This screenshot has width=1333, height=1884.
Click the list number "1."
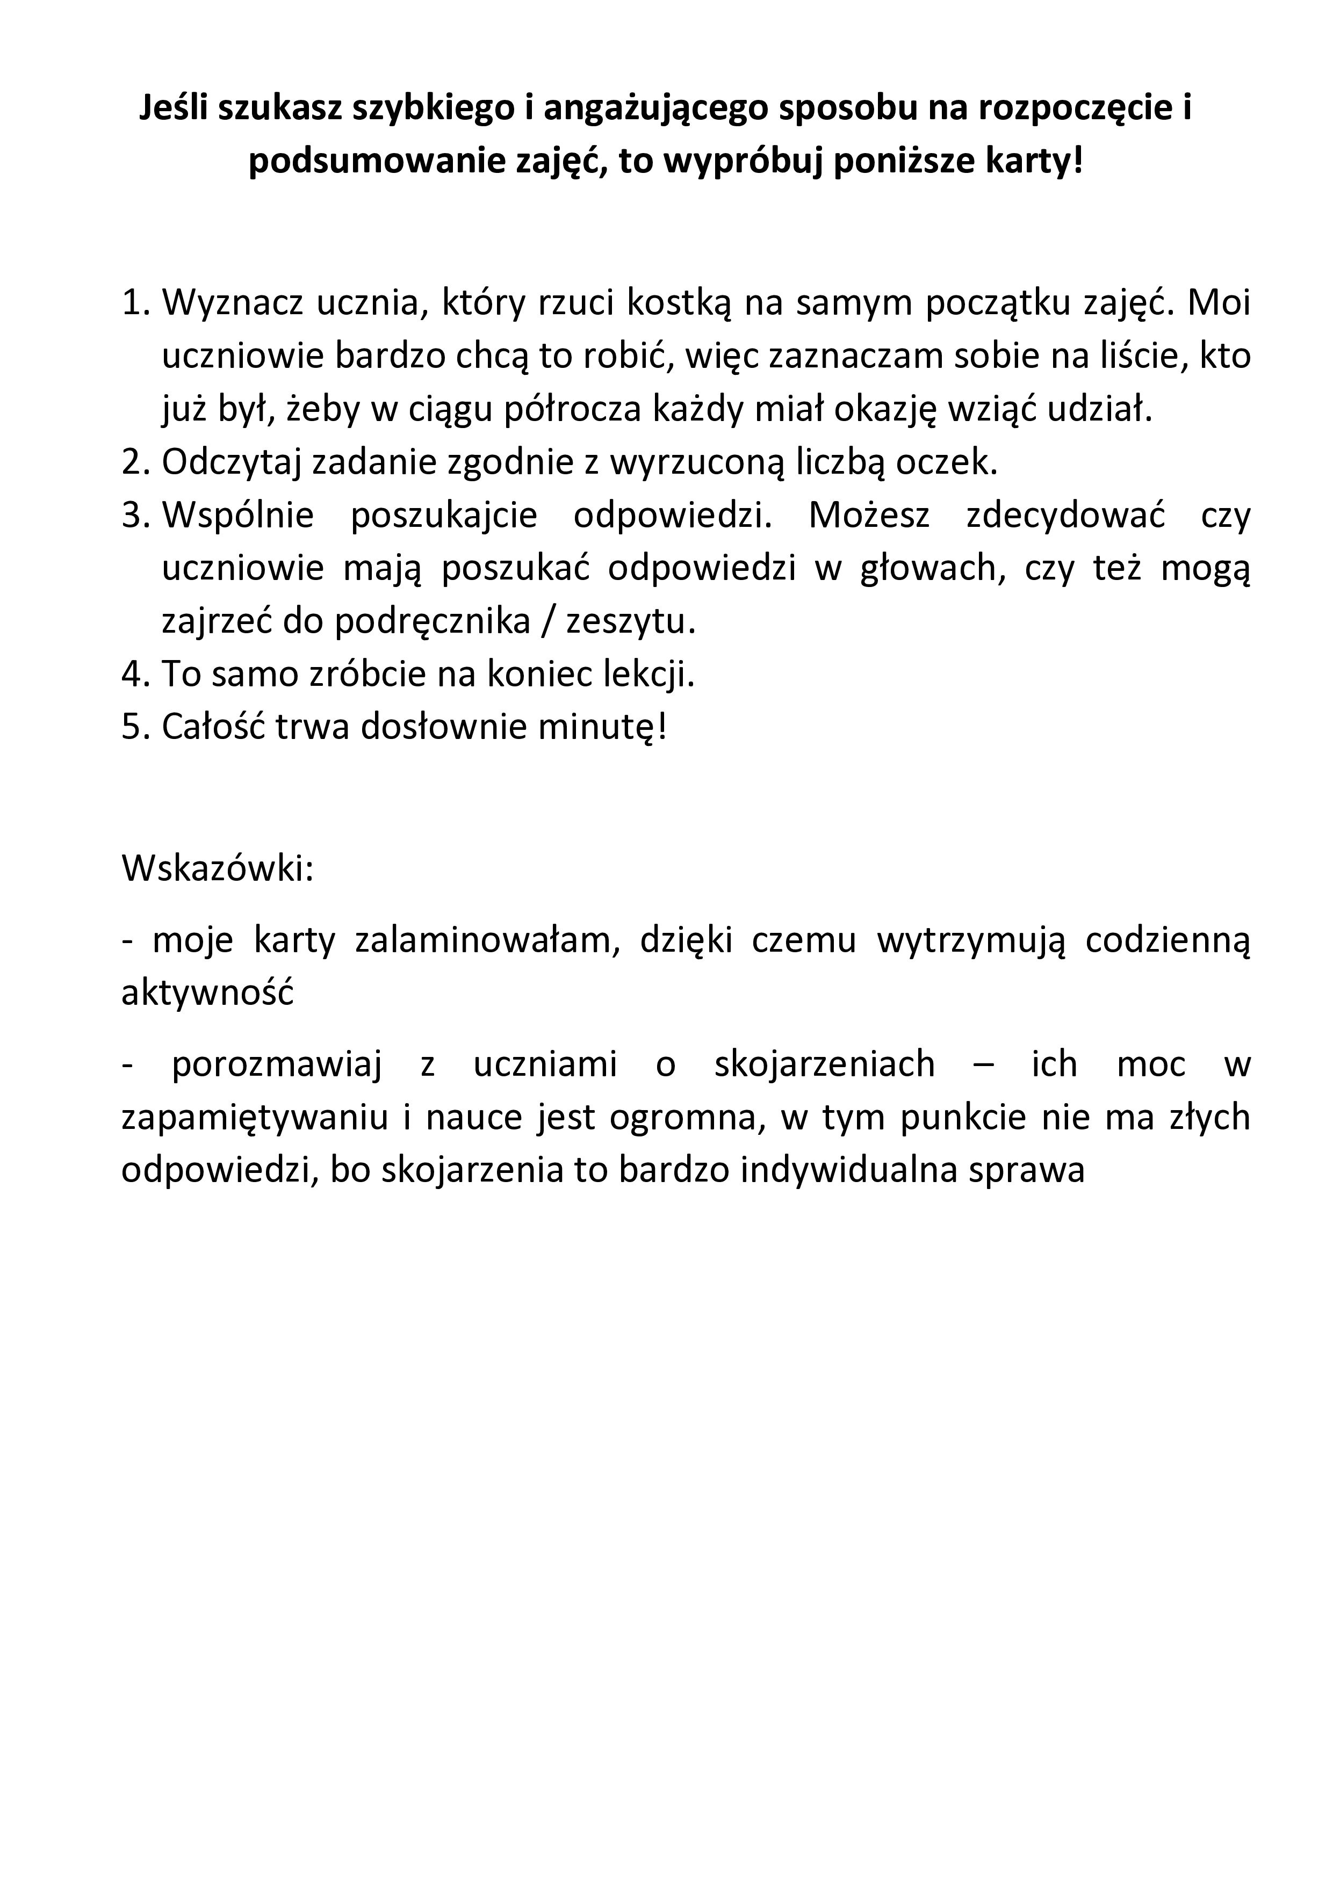[137, 303]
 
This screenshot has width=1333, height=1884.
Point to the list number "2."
[137, 463]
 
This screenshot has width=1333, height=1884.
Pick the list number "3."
[137, 516]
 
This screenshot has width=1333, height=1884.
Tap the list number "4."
[137, 675]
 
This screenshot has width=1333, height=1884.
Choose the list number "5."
[137, 727]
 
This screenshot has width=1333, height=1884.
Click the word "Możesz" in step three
[869, 516]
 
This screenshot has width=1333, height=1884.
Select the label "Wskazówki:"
[218, 869]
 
